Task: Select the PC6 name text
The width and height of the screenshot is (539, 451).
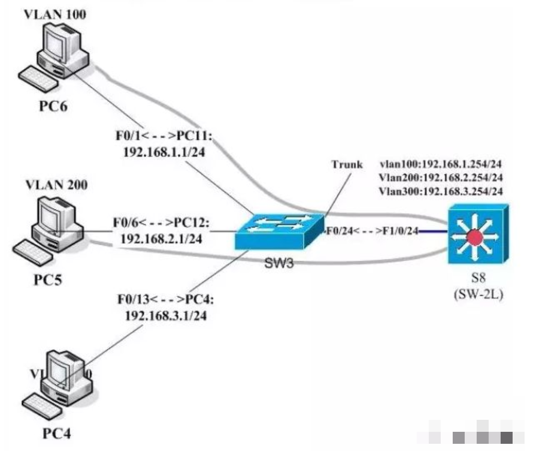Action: (x=53, y=107)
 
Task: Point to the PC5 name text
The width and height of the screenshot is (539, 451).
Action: (x=50, y=279)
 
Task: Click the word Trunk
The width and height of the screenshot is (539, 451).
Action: (x=347, y=164)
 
